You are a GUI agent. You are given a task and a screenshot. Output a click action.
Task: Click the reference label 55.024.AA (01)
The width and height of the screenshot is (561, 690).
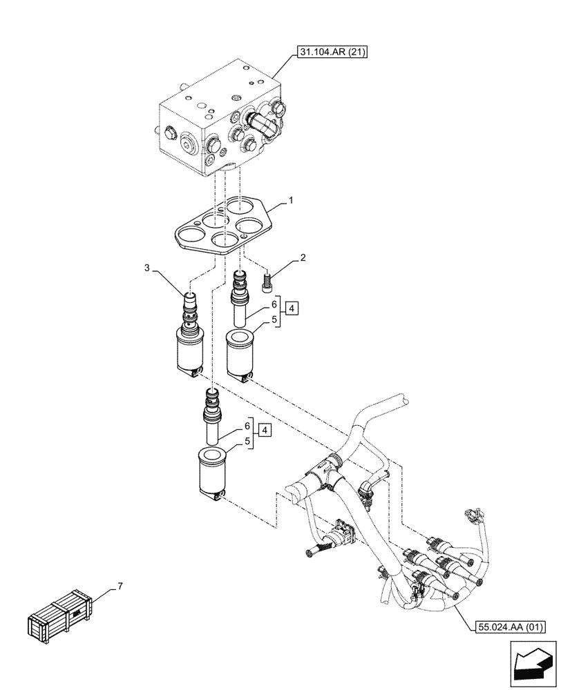[x=510, y=627]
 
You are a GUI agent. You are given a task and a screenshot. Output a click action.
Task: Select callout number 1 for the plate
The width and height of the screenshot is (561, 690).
[x=292, y=201]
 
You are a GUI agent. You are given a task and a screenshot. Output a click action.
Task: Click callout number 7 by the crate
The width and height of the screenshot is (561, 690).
[x=120, y=586]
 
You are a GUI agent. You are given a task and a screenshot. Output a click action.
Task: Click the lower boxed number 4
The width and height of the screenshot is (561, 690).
[x=265, y=431]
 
